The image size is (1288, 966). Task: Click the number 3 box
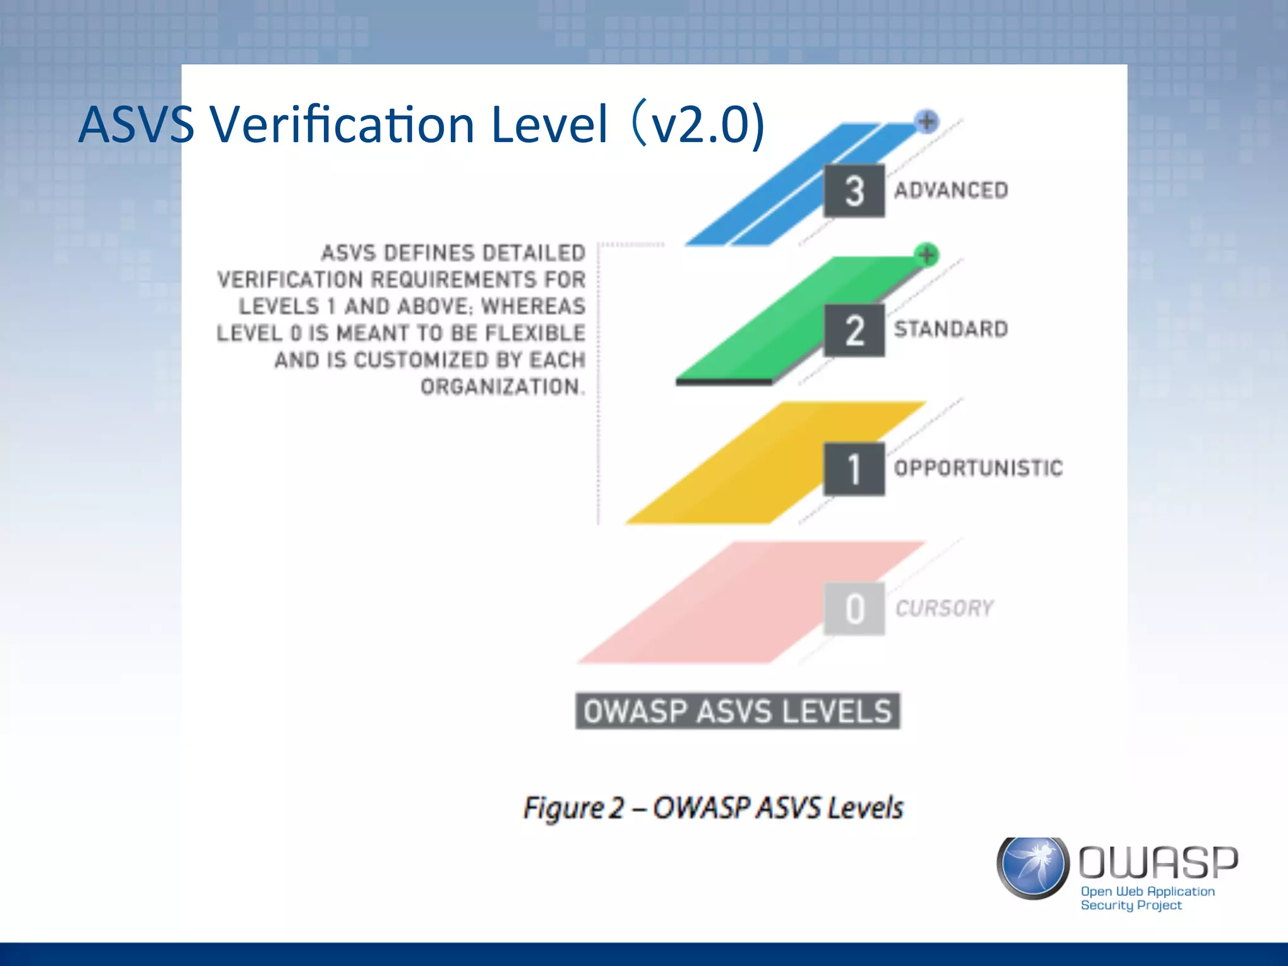(854, 191)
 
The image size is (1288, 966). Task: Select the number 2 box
(854, 331)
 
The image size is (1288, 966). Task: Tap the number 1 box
(854, 469)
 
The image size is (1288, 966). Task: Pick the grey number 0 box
(854, 609)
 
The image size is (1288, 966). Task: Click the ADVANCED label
(951, 191)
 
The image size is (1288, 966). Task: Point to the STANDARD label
(951, 329)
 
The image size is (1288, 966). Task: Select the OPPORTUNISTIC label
(978, 468)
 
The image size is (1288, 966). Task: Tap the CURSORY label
(944, 608)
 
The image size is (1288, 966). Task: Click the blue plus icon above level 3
(926, 121)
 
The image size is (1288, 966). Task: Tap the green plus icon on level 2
(926, 255)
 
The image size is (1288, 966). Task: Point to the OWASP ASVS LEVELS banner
(737, 711)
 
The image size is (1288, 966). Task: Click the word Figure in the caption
(563, 808)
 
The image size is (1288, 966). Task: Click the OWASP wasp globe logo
(1033, 868)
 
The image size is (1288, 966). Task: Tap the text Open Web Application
(1147, 891)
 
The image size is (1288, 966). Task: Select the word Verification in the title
(342, 124)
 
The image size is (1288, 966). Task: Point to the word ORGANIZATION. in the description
(502, 386)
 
